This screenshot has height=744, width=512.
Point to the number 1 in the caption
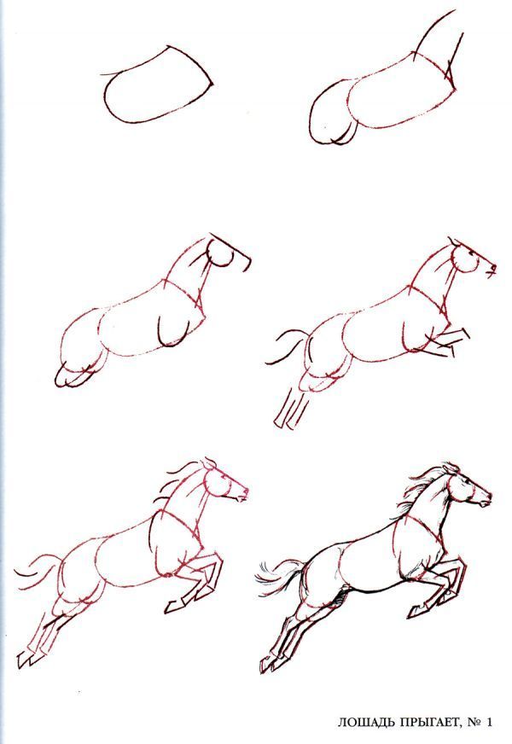[x=489, y=722]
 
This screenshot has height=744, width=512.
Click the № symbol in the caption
[x=473, y=722]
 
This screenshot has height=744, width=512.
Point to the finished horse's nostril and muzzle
[x=485, y=499]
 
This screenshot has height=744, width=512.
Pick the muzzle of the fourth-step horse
[x=491, y=269]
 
